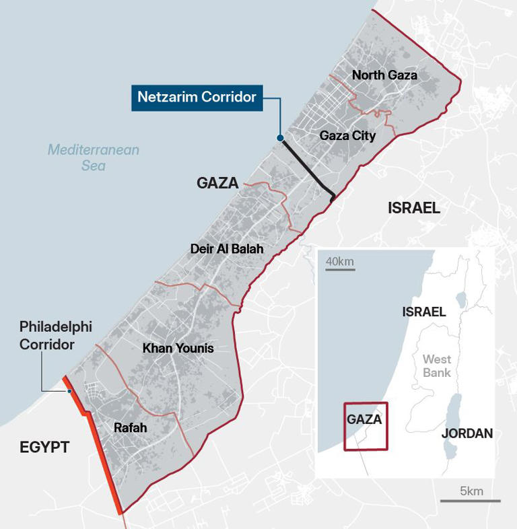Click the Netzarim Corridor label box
point(197,97)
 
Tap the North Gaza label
point(384,75)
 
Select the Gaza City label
point(347,136)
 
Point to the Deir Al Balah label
point(226,249)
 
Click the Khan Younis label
point(178,348)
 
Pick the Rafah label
point(131,427)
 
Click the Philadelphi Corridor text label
point(56,335)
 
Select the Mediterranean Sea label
point(93,157)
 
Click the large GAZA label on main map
point(217,183)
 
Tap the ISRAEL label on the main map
point(414,208)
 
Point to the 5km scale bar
point(471,500)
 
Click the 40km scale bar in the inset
point(340,270)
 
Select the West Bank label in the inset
point(437,366)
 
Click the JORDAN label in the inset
point(467,433)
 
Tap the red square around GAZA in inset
point(366,426)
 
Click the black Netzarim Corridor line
point(308,168)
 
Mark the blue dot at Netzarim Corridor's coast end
point(281,138)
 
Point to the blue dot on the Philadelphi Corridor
point(69,391)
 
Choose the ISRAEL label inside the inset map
point(424,312)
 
